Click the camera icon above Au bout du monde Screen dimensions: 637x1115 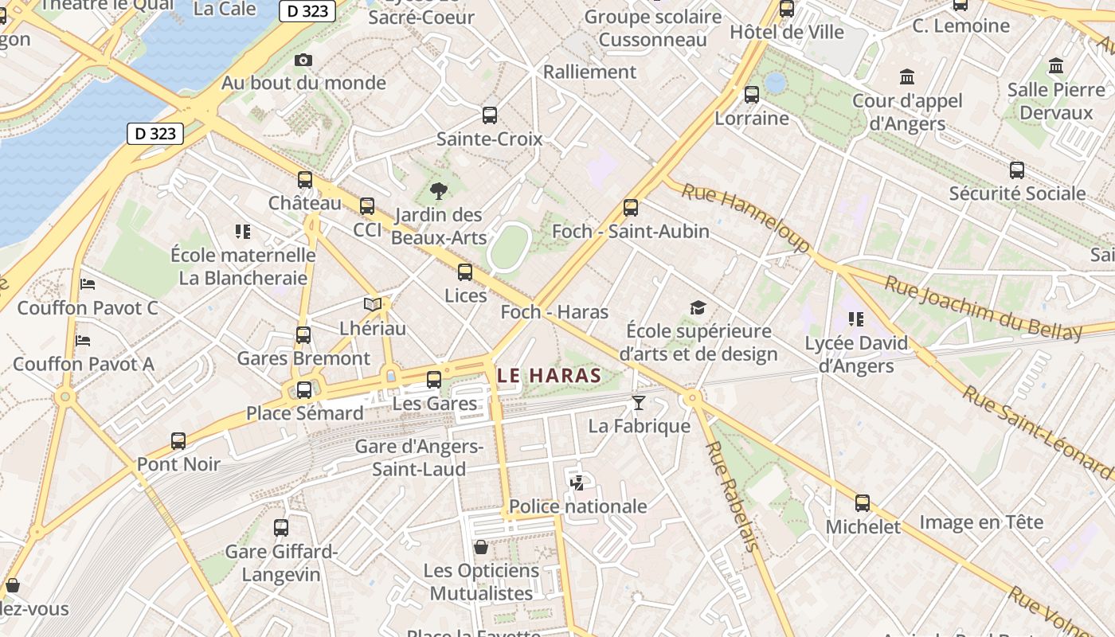click(303, 60)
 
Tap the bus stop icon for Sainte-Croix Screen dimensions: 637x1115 click(490, 115)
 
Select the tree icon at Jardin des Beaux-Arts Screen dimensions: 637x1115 click(438, 190)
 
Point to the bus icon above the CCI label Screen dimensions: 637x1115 click(367, 206)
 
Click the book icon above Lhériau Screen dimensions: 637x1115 click(372, 304)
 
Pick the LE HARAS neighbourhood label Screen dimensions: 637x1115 click(548, 375)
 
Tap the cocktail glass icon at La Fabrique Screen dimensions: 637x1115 click(638, 403)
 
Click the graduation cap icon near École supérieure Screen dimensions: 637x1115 click(698, 308)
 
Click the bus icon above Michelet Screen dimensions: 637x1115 click(863, 503)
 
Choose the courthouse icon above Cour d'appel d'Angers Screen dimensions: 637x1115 click(907, 77)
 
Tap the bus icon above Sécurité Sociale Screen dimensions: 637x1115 click(1017, 170)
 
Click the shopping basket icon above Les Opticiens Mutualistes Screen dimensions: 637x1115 click(481, 547)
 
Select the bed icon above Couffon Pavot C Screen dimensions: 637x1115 click(88, 284)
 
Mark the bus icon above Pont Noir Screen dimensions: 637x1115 click(178, 440)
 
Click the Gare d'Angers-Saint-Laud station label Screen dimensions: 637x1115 click(419, 458)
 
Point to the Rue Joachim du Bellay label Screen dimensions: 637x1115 click(984, 308)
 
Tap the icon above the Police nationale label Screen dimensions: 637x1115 click(577, 483)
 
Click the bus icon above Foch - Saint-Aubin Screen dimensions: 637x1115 click(631, 208)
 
